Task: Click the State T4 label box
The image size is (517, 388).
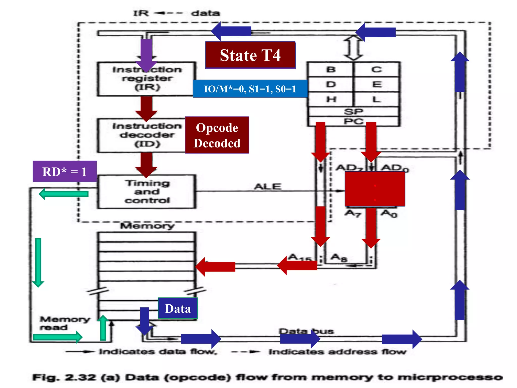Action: click(250, 55)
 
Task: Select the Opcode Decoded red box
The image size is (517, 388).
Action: click(217, 135)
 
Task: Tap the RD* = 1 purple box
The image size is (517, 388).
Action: click(65, 172)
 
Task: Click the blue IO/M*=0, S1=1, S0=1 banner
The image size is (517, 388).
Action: click(250, 89)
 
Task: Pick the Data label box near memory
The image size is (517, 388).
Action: click(177, 308)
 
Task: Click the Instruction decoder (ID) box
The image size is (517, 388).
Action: click(141, 135)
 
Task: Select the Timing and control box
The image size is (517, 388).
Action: click(147, 192)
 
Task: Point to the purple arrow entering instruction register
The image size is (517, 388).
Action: click(146, 54)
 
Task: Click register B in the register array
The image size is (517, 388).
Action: click(331, 69)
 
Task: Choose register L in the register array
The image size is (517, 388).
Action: click(376, 99)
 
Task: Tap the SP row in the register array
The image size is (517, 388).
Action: click(353, 111)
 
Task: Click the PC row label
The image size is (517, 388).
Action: click(353, 122)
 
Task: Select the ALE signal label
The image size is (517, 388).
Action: click(268, 186)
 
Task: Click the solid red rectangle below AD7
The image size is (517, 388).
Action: click(375, 189)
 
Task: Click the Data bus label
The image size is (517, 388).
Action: click(306, 331)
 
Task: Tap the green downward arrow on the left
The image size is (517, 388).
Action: click(38, 262)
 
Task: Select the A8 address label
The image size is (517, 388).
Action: click(339, 258)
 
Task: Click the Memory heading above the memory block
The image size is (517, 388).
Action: click(147, 226)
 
